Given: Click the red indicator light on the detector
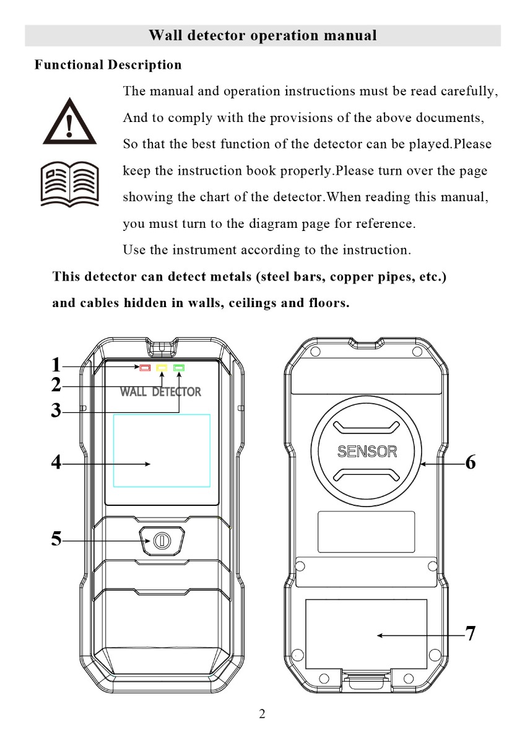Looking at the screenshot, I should (145, 368).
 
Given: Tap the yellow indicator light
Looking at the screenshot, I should (162, 368).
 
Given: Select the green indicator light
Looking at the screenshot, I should (180, 368).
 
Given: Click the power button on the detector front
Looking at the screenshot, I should (162, 541).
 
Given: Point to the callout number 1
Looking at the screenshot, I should (56, 365).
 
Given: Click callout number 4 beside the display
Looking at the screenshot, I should (56, 463).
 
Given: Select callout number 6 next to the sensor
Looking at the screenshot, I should (471, 463).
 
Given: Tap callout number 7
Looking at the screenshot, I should (471, 634).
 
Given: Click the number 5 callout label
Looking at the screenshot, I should (56, 539).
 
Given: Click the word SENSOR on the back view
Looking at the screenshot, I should (367, 451).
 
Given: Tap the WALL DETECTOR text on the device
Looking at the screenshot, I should (160, 392).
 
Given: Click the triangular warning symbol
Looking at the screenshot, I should (69, 121).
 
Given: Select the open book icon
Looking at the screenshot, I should (69, 184).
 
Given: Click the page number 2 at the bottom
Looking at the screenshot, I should (262, 715).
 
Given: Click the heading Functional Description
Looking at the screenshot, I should (108, 65).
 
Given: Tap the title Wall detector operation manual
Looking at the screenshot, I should (262, 35).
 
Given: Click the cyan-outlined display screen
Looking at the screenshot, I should (162, 450).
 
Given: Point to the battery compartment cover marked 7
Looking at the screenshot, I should (367, 634).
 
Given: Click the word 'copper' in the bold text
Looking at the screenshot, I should (349, 277).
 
